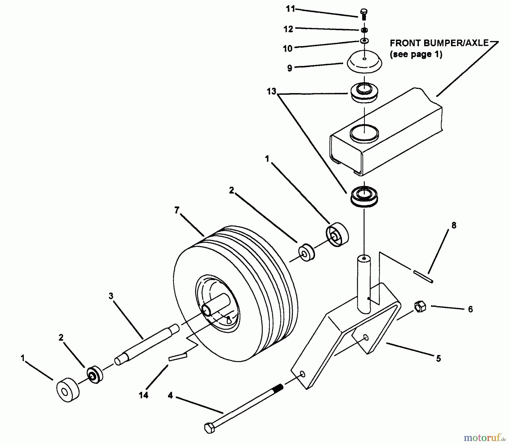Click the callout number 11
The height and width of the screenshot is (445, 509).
click(290, 9)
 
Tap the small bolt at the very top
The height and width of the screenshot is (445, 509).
click(364, 14)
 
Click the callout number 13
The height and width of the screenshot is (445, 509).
click(271, 92)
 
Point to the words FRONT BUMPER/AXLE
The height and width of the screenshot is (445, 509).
click(439, 43)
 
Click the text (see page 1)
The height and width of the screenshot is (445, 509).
click(416, 54)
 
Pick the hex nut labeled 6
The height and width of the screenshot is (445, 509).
click(420, 307)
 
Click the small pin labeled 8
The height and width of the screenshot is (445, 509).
click(423, 276)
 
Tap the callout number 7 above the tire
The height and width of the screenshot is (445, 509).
click(177, 210)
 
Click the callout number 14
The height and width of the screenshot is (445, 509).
click(143, 395)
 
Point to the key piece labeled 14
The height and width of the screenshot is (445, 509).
click(178, 357)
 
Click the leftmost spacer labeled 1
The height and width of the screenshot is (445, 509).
click(68, 390)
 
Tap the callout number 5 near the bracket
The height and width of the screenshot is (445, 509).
click(438, 359)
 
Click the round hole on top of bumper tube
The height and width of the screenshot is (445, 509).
click(364, 133)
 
